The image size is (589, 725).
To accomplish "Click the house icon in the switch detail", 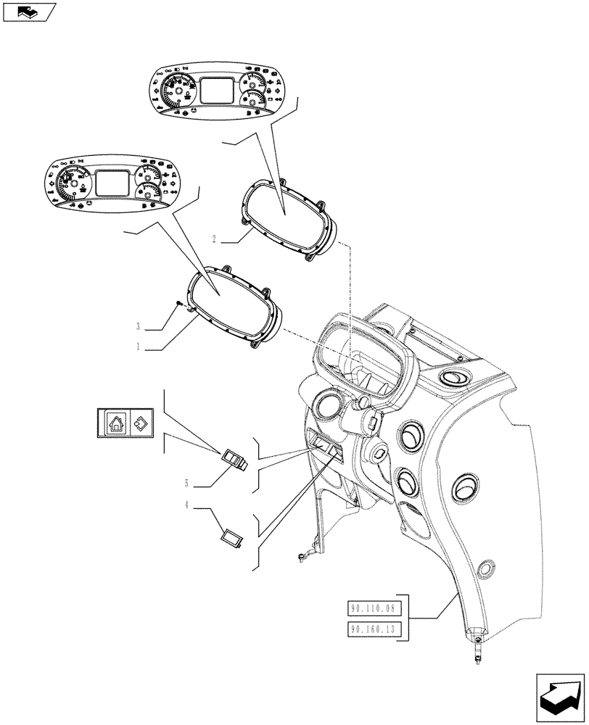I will (116, 423).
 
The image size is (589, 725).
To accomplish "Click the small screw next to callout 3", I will (178, 306).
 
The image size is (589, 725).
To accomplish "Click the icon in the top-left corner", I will (28, 11).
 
